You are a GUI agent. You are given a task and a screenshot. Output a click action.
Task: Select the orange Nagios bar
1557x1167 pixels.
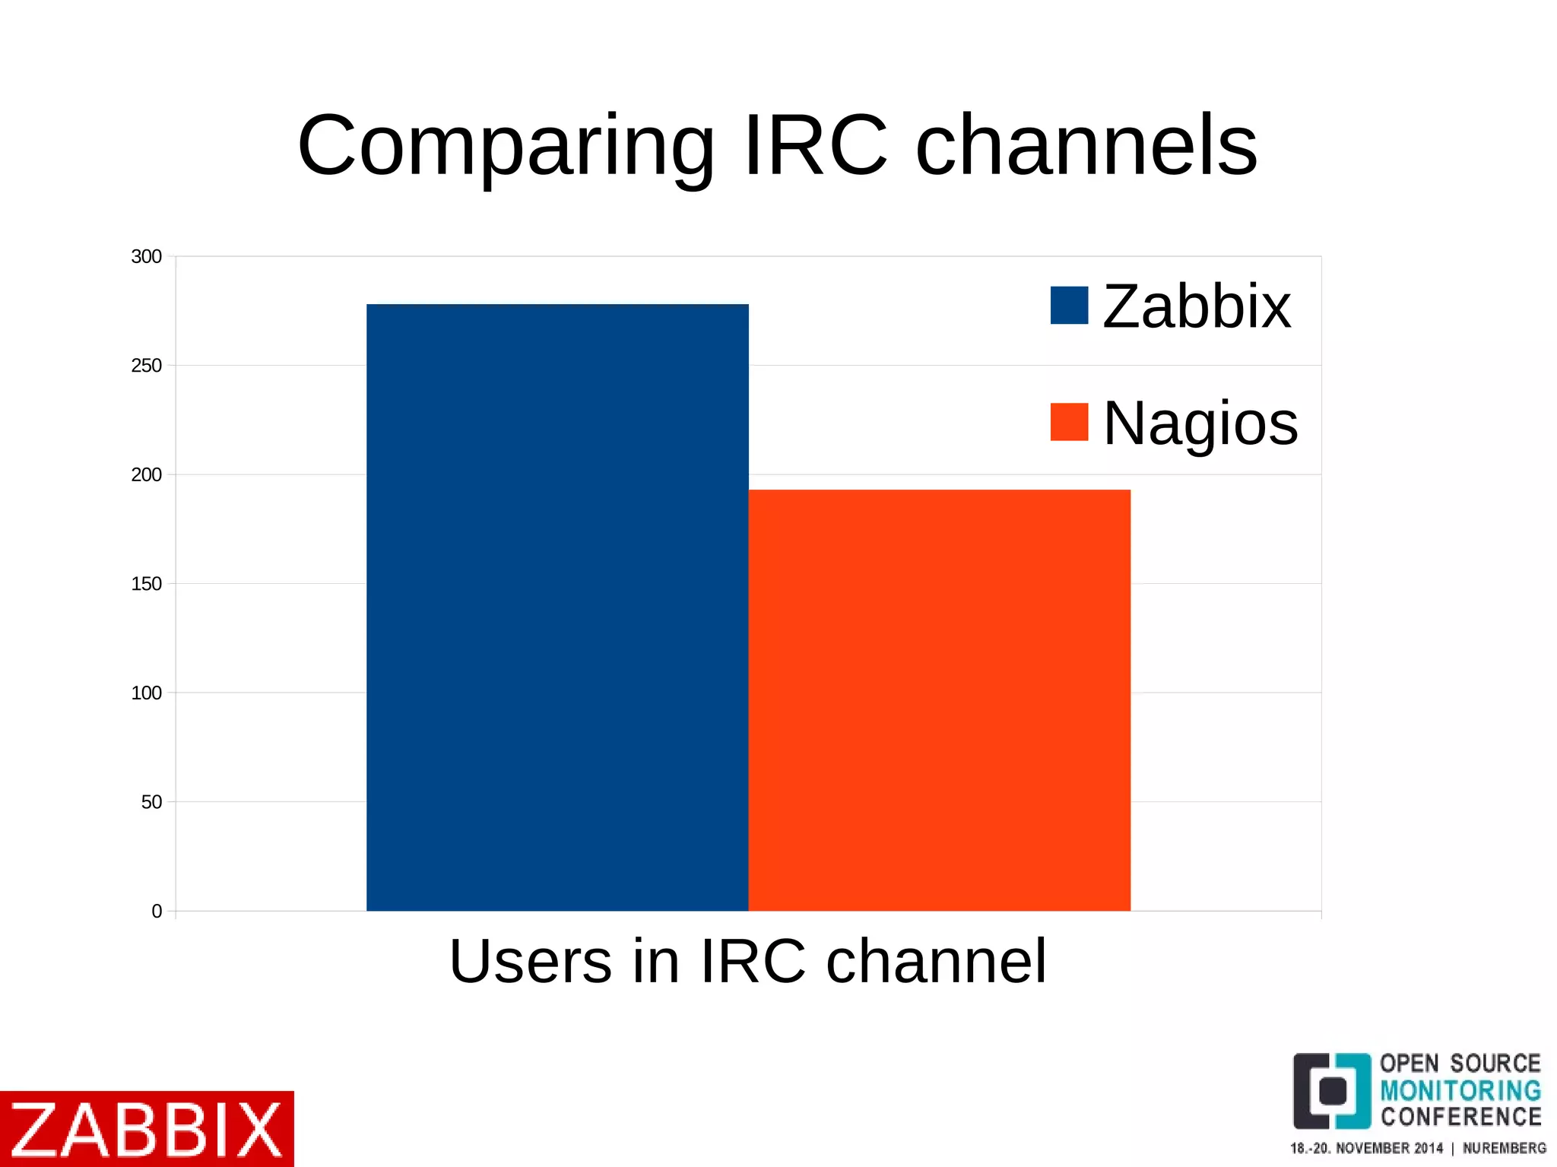939,699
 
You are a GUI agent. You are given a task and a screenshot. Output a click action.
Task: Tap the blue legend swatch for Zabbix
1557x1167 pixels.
1069,305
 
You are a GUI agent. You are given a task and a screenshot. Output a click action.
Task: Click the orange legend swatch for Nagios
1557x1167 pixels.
1069,422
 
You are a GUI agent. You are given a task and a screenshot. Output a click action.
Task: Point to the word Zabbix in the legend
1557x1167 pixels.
1197,306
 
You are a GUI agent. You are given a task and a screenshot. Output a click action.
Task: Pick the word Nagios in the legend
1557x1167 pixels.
1200,423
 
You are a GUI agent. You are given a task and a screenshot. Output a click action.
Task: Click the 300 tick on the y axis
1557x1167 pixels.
146,257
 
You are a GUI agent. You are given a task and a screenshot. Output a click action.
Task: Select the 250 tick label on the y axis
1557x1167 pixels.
146,366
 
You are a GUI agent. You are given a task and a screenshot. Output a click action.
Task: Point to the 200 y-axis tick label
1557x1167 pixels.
146,475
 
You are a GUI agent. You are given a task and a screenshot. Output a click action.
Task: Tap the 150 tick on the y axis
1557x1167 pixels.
146,584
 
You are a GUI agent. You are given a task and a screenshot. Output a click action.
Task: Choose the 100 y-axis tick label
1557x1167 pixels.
146,693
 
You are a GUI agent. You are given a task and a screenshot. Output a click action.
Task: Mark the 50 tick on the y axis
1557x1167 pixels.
151,802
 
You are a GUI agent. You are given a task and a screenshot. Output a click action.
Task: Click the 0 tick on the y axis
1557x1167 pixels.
157,912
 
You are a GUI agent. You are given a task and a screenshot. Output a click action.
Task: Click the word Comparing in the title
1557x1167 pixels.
506,146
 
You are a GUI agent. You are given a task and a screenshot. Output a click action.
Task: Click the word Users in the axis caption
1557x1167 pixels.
531,962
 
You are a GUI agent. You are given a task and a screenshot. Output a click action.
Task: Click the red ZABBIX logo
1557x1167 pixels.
147,1129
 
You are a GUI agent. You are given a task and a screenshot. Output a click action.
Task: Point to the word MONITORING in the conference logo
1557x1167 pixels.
1460,1091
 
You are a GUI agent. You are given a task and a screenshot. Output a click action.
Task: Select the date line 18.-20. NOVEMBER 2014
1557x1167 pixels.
1366,1148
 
